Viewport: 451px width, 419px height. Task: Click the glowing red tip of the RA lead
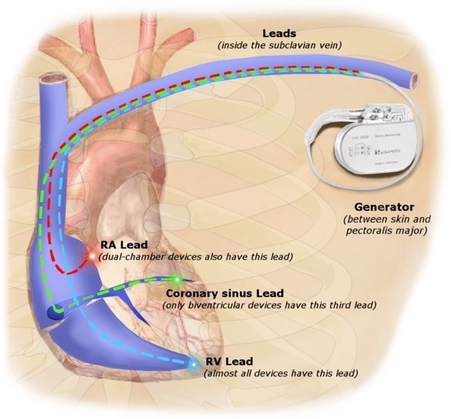(x=91, y=256)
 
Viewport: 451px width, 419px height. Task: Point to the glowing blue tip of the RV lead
(x=193, y=364)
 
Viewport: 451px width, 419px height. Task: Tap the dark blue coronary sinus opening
(x=55, y=313)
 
